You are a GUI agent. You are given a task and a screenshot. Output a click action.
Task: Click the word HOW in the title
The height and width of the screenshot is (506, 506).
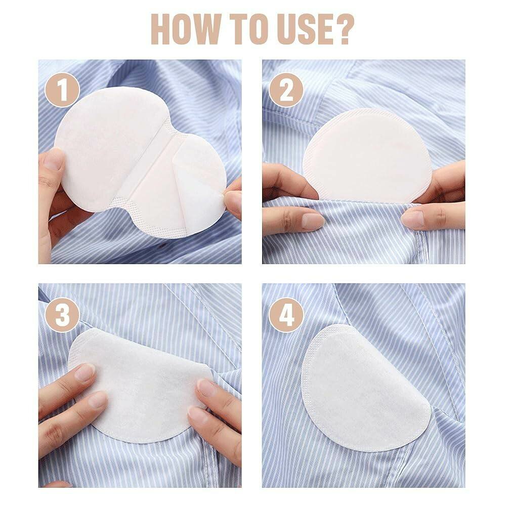pyautogui.click(x=187, y=29)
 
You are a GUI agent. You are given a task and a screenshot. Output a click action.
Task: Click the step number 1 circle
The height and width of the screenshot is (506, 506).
pyautogui.click(x=62, y=90)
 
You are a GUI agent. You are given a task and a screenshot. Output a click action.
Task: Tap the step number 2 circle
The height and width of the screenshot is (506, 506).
pyautogui.click(x=286, y=90)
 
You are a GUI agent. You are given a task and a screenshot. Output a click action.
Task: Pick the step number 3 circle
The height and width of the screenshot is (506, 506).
pyautogui.click(x=62, y=315)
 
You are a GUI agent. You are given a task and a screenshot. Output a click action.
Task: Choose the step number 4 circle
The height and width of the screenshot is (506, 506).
pyautogui.click(x=286, y=315)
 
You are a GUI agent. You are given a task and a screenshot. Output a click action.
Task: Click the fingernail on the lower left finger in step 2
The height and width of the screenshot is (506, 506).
pyautogui.click(x=312, y=222)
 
